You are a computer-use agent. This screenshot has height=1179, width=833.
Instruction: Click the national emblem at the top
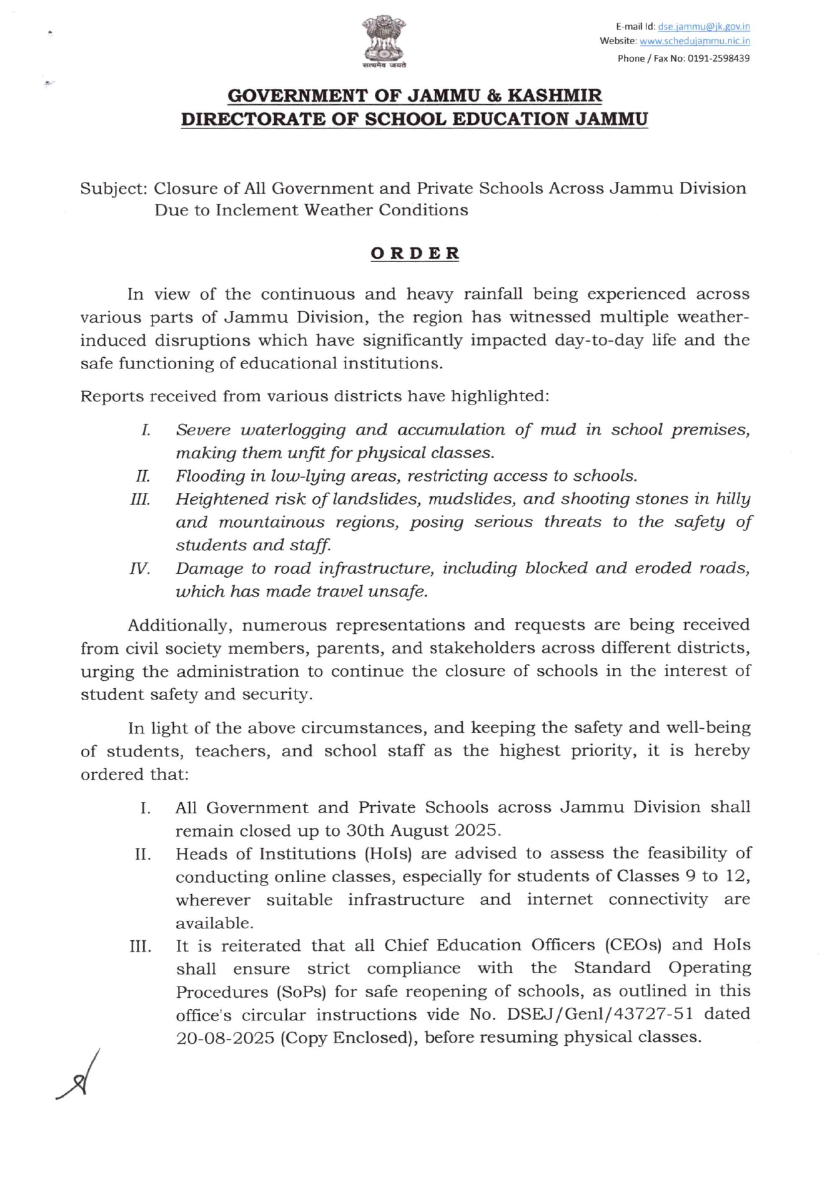click(384, 41)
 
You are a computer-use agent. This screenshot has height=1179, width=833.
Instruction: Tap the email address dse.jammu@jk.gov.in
click(703, 27)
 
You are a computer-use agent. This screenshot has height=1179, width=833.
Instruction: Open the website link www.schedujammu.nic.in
click(695, 41)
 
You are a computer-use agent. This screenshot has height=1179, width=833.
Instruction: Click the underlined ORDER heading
click(415, 254)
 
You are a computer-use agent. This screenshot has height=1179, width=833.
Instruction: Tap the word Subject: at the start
click(113, 189)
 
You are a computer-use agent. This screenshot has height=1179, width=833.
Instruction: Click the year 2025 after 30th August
click(477, 831)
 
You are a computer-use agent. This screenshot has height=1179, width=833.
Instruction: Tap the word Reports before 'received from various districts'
click(112, 397)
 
